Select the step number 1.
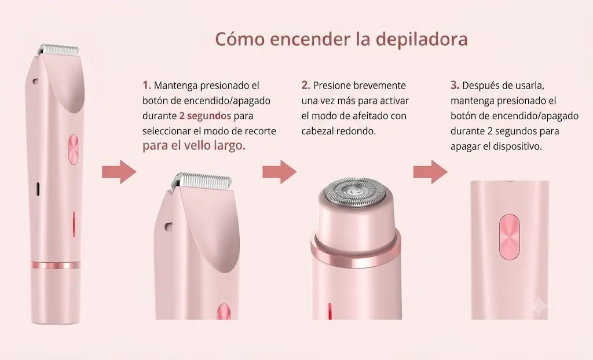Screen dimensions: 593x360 tap(147, 86)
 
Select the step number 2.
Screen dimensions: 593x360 tap(306, 86)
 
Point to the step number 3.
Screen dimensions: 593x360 tap(455, 86)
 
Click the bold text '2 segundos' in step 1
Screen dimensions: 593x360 tap(205, 116)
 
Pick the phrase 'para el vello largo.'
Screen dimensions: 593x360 tap(194, 146)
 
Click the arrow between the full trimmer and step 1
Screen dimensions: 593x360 tap(119, 172)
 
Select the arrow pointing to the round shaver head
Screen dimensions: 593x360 tap(280, 172)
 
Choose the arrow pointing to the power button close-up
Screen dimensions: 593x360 tap(430, 172)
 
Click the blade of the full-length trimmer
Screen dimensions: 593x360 tap(58, 49)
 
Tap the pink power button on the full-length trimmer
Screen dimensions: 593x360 tap(74, 149)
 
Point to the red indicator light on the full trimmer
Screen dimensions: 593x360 tap(74, 223)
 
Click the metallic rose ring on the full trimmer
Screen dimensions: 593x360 tap(56, 265)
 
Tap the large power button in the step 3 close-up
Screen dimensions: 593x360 tap(509, 237)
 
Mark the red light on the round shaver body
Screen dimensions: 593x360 tap(330, 311)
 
